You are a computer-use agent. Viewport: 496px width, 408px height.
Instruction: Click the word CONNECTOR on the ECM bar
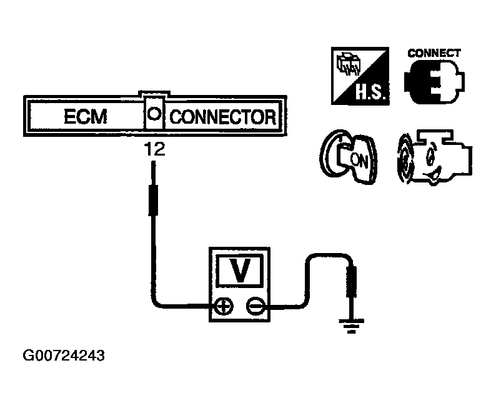point(223,116)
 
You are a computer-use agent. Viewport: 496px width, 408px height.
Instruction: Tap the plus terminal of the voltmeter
point(224,306)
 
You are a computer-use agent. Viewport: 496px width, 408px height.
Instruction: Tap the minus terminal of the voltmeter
point(255,306)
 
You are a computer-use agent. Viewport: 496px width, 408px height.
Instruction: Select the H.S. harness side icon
point(359,76)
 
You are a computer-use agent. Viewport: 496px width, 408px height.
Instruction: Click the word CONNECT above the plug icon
point(434,53)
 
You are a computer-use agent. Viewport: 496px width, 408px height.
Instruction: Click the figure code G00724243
point(64,356)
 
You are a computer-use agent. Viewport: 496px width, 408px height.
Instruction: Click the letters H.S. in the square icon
point(371,94)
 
